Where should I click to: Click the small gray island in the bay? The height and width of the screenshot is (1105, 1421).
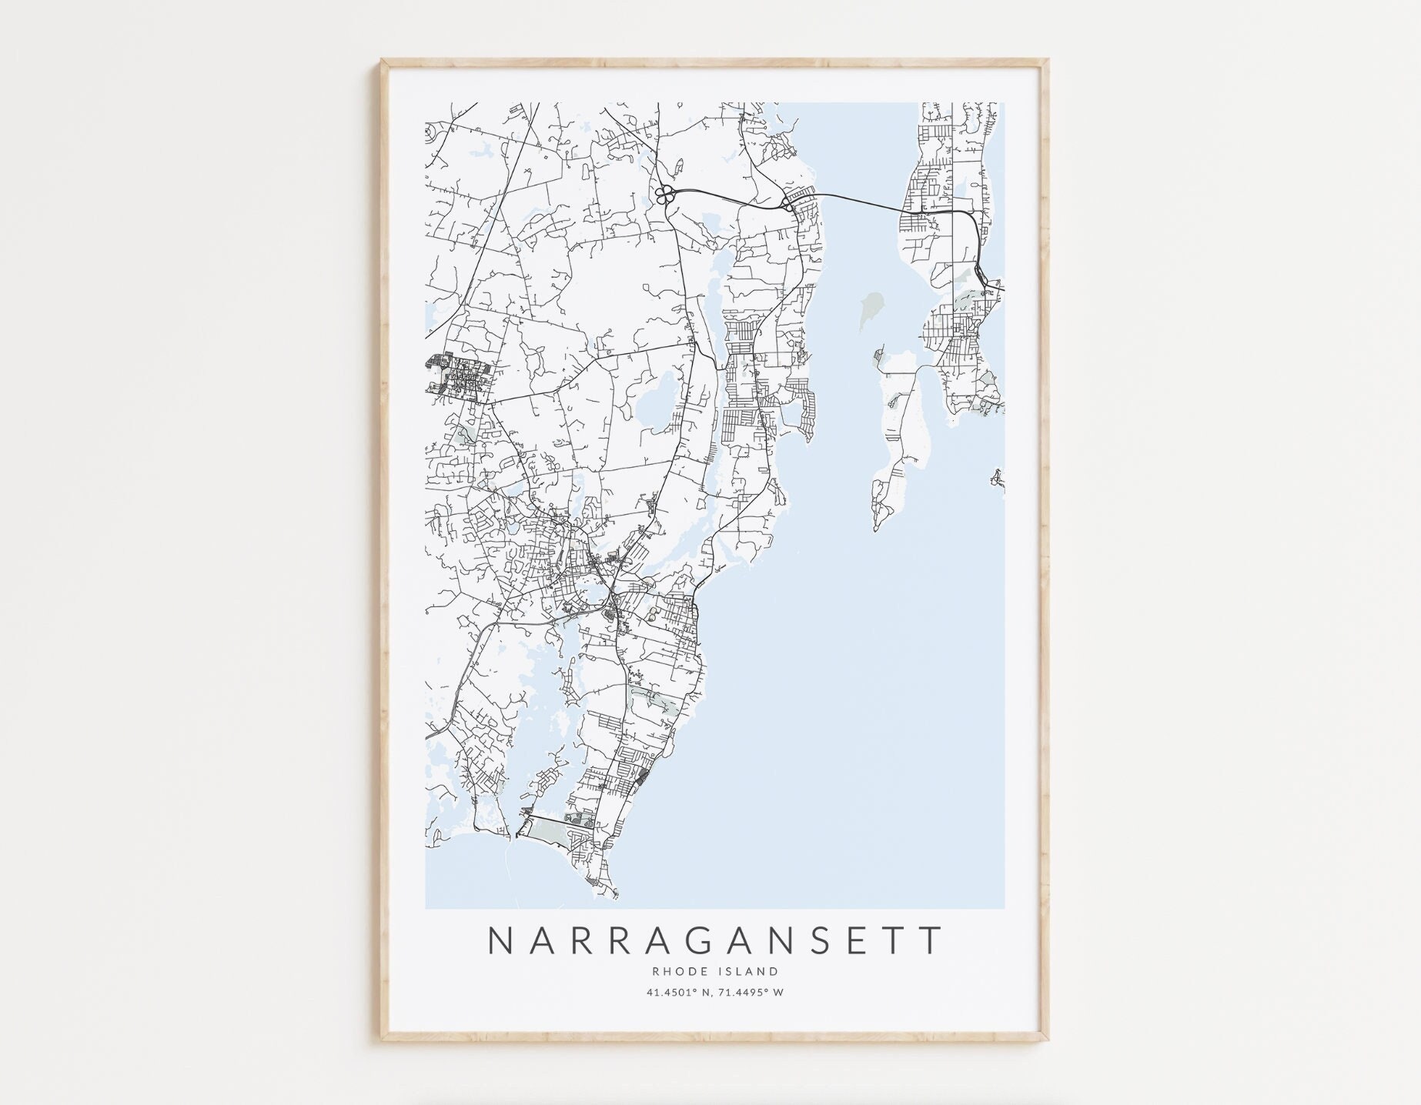[873, 305]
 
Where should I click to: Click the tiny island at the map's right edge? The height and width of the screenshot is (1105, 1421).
[998, 479]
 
